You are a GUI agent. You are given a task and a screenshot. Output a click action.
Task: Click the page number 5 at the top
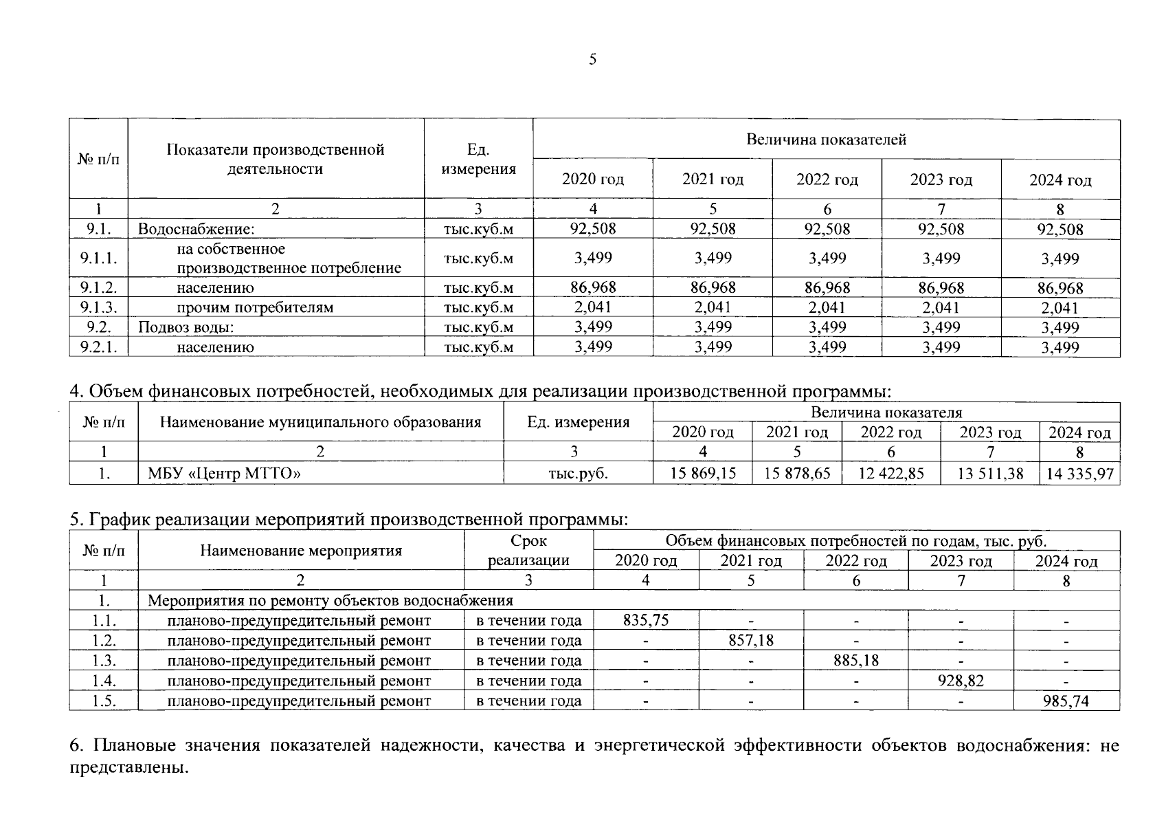(592, 60)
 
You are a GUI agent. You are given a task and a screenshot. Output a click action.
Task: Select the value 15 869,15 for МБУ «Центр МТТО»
(703, 473)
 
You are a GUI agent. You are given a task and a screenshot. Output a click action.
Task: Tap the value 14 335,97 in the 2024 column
(1079, 474)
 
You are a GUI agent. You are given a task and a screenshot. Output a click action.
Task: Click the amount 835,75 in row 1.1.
(646, 620)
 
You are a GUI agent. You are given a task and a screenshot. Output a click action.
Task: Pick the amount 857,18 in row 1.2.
(751, 640)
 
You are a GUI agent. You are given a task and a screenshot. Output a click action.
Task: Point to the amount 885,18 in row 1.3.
(855, 660)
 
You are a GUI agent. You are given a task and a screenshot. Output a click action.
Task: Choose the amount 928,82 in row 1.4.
(961, 681)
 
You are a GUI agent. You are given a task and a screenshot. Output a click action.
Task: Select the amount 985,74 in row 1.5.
(1066, 701)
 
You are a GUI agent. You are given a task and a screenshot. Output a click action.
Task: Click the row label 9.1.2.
(98, 287)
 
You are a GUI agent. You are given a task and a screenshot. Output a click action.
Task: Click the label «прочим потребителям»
(255, 307)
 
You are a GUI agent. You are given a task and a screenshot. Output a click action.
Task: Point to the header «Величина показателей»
(826, 140)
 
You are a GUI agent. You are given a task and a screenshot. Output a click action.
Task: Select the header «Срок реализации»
(528, 550)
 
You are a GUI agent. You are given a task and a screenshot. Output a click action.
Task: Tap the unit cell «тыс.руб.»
(578, 474)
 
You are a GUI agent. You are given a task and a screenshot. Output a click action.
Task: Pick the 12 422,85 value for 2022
(891, 473)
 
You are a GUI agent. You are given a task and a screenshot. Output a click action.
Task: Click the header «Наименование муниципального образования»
(320, 422)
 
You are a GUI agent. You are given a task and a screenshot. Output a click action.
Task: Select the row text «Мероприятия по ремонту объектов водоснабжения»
(330, 600)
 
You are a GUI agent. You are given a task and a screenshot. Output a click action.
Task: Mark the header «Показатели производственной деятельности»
(276, 159)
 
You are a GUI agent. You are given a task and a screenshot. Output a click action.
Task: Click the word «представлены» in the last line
(127, 767)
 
